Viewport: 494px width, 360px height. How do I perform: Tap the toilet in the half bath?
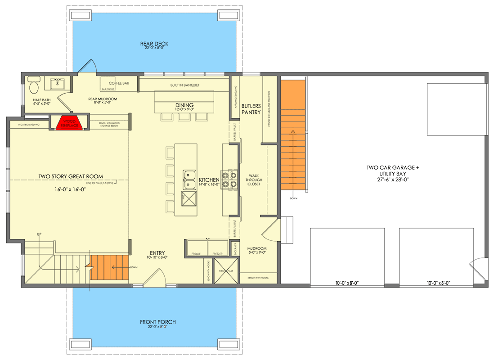[x=34, y=85]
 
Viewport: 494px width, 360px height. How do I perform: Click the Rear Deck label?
[x=154, y=44]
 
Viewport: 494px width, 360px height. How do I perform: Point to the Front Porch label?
[x=157, y=322]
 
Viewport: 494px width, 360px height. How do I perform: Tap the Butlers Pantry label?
[x=251, y=109]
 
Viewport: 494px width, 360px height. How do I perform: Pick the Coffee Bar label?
[x=119, y=83]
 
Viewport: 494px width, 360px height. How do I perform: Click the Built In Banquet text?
[x=184, y=85]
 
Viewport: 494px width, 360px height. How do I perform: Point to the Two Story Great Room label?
[x=71, y=176]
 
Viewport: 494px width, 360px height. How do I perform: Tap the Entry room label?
[x=157, y=253]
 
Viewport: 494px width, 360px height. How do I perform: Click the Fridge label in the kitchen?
[x=196, y=254]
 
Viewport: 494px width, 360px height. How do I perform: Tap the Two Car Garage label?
[x=392, y=167]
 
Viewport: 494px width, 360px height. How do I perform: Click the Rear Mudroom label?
[x=103, y=99]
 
